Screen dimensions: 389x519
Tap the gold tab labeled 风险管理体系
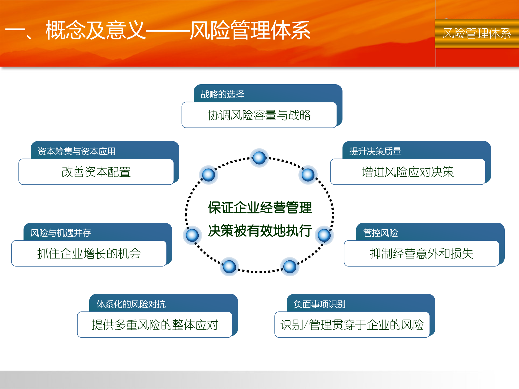pos(477,33)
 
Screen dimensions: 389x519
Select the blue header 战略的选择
pos(222,94)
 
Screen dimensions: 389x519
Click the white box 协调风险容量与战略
pos(259,115)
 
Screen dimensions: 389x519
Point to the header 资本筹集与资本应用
pos(77,151)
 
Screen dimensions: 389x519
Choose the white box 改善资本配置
pos(96,172)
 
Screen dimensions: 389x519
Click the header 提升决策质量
pos(375,151)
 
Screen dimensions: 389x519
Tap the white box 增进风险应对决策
pos(408,172)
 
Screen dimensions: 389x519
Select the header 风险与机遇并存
pos(61,233)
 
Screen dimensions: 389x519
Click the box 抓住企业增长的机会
pos(89,254)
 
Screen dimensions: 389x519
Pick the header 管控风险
pos(380,233)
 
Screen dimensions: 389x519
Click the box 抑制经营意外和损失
pos(421,254)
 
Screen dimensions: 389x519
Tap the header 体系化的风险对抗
pos(131,304)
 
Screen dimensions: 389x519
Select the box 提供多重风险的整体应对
pos(155,325)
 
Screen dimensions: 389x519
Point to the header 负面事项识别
pos(320,304)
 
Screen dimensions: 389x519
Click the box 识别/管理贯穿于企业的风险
pos(352,325)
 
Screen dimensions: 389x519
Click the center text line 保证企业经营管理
pos(260,208)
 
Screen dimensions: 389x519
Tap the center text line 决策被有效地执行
pos(260,231)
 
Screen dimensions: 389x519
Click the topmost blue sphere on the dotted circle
pos(259,158)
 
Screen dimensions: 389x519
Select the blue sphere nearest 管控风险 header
pos(324,235)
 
